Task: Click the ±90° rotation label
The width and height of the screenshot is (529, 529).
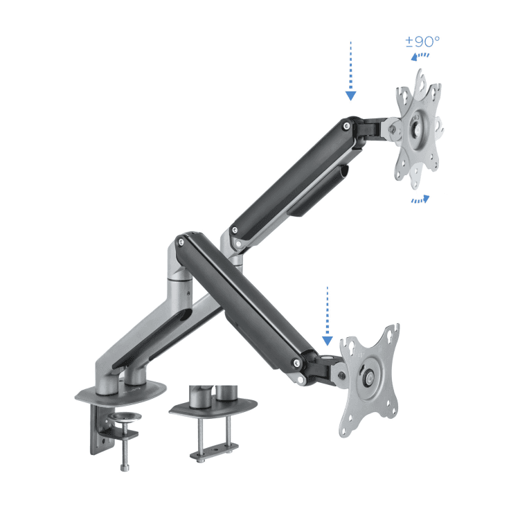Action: [x=422, y=41]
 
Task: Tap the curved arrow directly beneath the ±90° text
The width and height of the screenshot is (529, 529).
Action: [x=420, y=56]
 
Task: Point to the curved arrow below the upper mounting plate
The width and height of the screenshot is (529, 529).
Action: [x=420, y=199]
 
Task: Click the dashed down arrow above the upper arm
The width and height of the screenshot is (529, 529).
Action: [x=351, y=69]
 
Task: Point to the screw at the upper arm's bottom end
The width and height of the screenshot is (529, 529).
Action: [x=235, y=230]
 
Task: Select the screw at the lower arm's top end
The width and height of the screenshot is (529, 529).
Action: [x=181, y=242]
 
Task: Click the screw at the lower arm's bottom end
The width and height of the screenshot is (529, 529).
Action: [x=297, y=362]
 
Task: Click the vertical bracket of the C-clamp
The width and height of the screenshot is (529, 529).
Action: [x=96, y=433]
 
